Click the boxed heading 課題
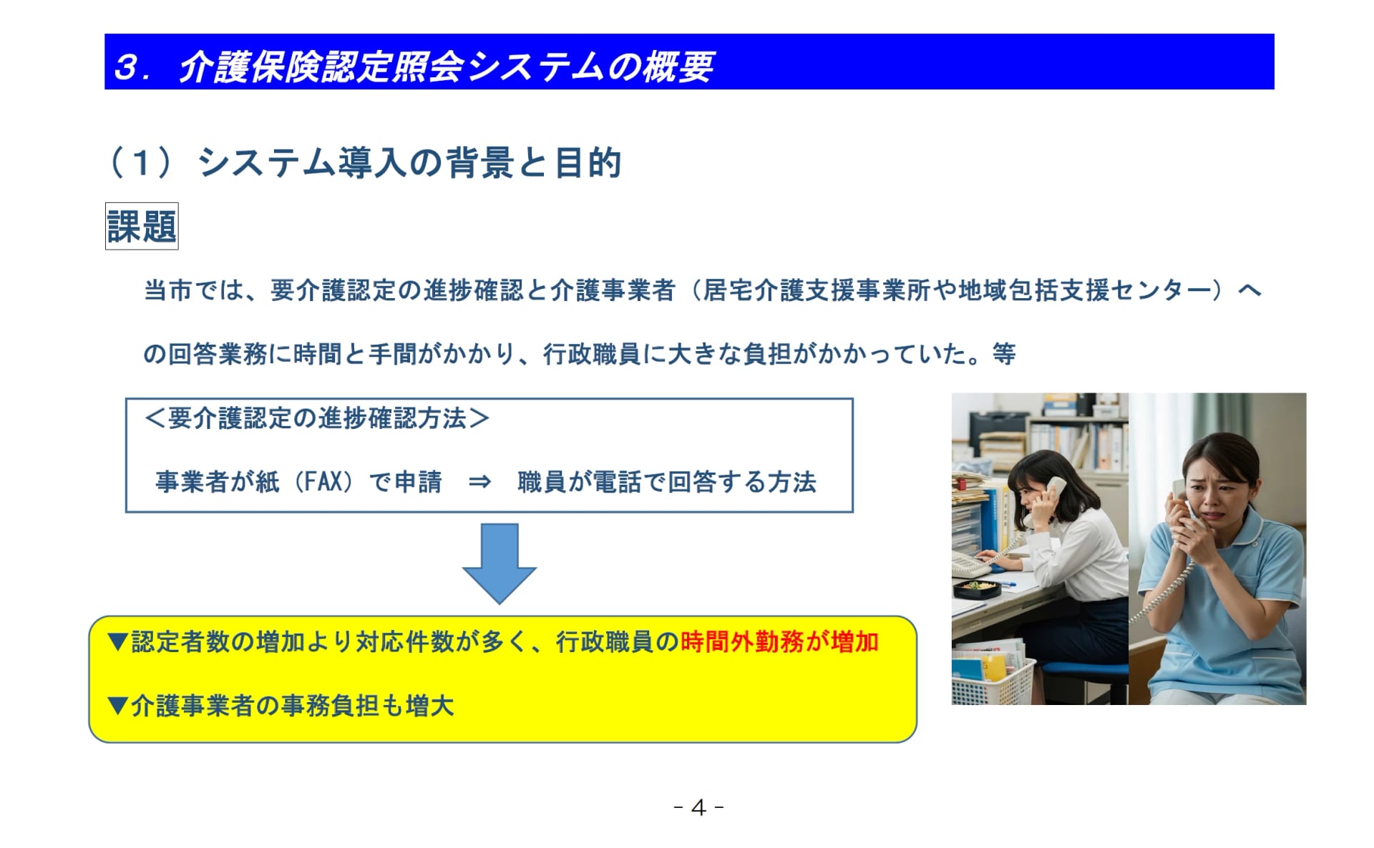click(x=142, y=227)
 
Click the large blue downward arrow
click(x=500, y=563)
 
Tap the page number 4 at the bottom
click(x=699, y=807)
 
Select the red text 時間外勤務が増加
click(x=779, y=642)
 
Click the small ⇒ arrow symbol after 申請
click(x=479, y=482)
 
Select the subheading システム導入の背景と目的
click(x=409, y=162)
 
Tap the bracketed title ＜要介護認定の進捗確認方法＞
click(x=317, y=418)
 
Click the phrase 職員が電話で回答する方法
click(x=666, y=482)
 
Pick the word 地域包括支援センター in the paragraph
click(x=1088, y=290)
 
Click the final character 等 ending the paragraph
click(x=1004, y=353)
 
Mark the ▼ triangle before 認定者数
click(x=117, y=642)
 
